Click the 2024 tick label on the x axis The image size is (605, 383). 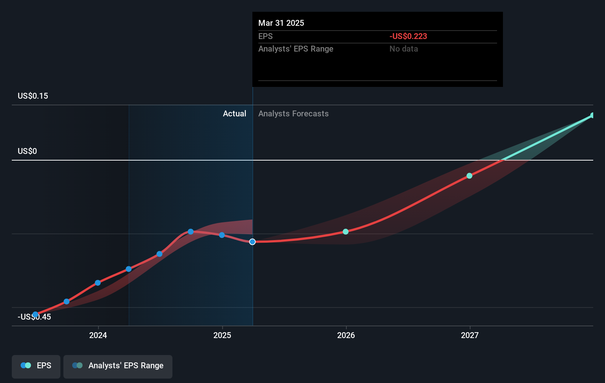(98, 335)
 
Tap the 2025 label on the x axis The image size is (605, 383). (222, 335)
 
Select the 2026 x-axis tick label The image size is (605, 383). (346, 335)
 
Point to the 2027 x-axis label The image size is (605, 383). (470, 335)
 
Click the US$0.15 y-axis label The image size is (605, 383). (33, 96)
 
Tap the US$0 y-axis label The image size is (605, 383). (27, 151)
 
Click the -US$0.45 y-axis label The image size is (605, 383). (34, 317)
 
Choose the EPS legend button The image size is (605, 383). (36, 366)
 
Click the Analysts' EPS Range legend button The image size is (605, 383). (118, 366)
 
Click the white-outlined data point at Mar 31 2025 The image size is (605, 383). (252, 242)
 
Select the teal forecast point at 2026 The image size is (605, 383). (346, 232)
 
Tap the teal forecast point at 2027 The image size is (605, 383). (469, 176)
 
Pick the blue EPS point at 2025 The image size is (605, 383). (222, 235)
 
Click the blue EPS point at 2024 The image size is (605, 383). (98, 283)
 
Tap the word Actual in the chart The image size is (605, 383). (234, 114)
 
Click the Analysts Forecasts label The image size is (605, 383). (293, 114)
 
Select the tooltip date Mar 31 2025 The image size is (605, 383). (281, 23)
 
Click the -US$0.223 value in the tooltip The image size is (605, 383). (408, 36)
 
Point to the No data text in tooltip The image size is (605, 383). (403, 49)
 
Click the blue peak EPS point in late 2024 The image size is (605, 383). (190, 232)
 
